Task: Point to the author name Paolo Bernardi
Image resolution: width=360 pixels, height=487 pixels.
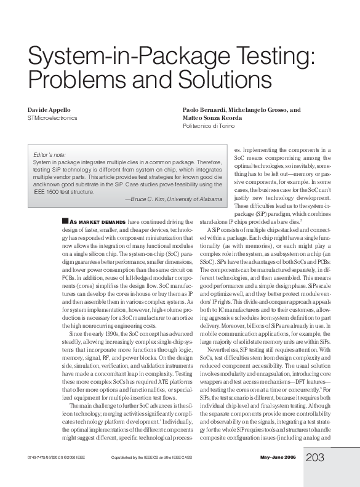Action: pos(207,109)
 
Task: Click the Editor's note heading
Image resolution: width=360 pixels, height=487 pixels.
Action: pos(49,154)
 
